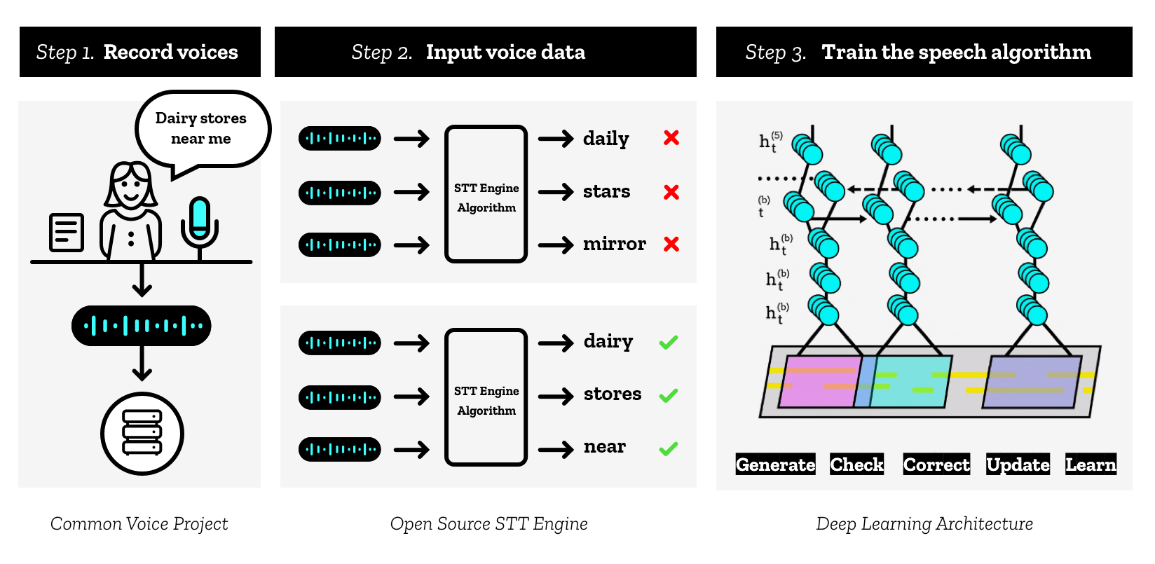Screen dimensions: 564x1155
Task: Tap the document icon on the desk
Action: [67, 233]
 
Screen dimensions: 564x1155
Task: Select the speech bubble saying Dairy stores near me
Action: [202, 129]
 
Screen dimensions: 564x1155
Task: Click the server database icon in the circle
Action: [142, 433]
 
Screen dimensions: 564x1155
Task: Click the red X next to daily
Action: [671, 138]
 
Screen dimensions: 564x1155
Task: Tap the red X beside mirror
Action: [671, 244]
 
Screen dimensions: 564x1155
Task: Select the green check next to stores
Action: [669, 395]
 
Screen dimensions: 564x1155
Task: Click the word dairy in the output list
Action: [608, 341]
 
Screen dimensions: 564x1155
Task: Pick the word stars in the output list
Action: [606, 191]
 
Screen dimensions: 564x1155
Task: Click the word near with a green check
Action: [605, 447]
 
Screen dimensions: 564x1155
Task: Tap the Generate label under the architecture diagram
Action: [775, 465]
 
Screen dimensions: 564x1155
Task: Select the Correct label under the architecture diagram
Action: [936, 465]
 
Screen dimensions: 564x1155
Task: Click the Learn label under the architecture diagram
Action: [1091, 465]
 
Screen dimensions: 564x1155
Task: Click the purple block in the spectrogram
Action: [1032, 382]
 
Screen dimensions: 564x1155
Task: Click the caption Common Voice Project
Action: [139, 524]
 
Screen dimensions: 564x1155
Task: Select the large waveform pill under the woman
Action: [142, 326]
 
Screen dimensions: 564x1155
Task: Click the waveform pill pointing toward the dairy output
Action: [340, 343]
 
